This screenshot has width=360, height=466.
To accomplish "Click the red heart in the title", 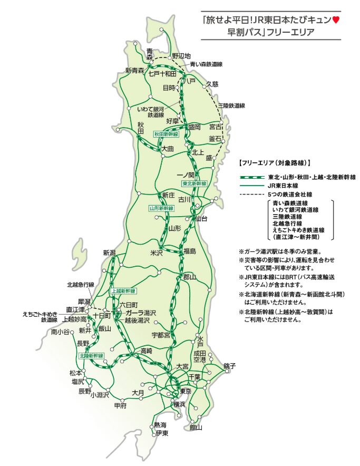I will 336,21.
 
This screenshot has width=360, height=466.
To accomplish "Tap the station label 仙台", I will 200,218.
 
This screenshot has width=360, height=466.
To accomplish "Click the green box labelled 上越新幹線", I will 123,291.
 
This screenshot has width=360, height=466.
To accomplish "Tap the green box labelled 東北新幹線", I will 194,183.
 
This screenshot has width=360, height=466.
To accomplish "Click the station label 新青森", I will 134,71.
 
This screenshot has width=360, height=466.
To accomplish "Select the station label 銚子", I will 229,366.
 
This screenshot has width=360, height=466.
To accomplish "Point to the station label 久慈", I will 212,84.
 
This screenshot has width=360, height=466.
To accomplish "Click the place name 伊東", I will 162,433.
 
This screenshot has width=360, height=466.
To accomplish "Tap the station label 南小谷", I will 60,332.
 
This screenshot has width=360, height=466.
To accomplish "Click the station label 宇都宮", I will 161,335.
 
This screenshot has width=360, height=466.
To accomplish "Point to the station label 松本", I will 75,373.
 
